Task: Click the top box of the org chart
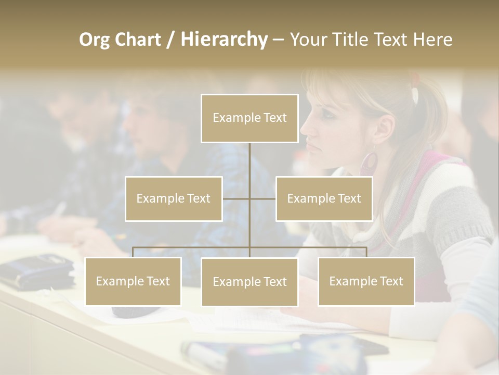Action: (x=249, y=118)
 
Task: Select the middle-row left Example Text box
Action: (x=174, y=198)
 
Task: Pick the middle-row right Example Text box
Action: (x=324, y=198)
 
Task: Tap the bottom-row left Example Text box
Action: (x=133, y=281)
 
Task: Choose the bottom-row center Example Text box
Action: (x=249, y=282)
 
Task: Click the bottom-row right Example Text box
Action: (x=366, y=281)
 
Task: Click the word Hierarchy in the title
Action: (x=224, y=39)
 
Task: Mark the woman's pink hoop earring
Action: (x=369, y=162)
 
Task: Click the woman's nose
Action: (x=304, y=131)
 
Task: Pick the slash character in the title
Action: (x=170, y=39)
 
